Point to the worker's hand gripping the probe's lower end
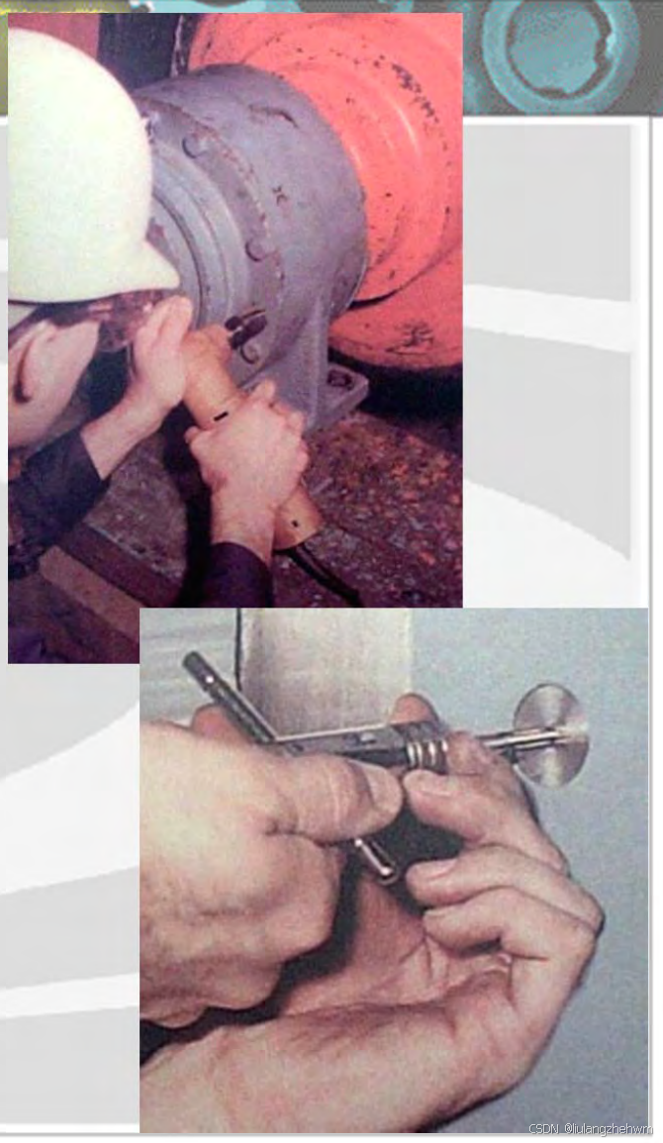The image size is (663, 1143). pyautogui.click(x=251, y=466)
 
